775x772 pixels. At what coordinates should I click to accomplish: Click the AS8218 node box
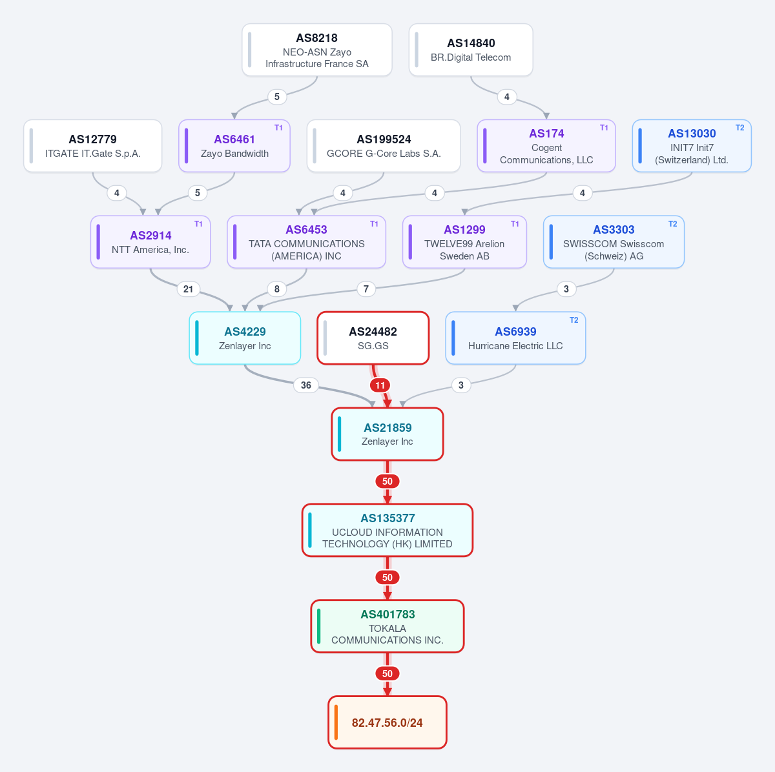tap(317, 50)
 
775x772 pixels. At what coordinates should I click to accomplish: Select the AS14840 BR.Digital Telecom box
tap(471, 50)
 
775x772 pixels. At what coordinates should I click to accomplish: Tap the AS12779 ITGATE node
tap(93, 146)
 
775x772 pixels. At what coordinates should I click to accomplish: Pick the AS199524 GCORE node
tap(384, 146)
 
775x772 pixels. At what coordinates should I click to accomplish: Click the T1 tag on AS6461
tap(278, 128)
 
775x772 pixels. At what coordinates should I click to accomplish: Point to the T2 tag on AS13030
tap(739, 128)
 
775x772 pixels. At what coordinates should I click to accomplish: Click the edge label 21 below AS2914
tap(188, 289)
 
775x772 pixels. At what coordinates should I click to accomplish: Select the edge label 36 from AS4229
tap(306, 385)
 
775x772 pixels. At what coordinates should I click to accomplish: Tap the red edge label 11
tap(380, 385)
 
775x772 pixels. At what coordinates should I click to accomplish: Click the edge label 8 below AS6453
tap(276, 289)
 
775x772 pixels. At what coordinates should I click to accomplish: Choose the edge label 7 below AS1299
tap(366, 289)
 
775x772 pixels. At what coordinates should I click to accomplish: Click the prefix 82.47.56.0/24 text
tap(387, 723)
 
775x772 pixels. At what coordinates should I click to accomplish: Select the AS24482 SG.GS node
tap(373, 338)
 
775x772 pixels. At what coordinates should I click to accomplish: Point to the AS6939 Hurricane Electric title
tap(515, 332)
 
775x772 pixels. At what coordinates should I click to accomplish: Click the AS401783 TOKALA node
tap(387, 627)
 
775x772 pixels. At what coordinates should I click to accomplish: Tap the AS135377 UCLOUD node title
tap(387, 518)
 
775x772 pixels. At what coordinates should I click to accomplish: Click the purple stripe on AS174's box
tap(485, 146)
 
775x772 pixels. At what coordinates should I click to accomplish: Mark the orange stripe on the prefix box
tap(336, 722)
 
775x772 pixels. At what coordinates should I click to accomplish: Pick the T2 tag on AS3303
tap(672, 224)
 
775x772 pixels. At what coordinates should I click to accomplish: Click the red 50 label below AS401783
tap(387, 673)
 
